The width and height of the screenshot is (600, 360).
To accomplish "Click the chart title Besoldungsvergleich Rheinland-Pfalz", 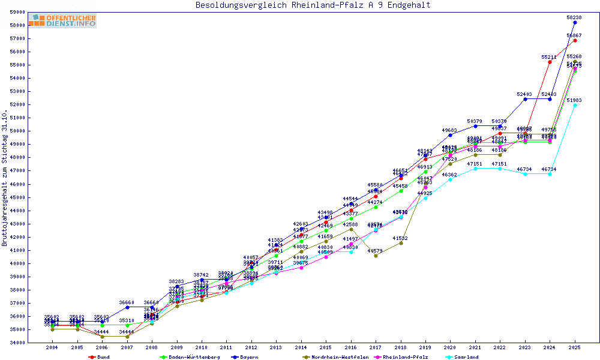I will [313, 5].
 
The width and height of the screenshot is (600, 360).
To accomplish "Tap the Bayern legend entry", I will [248, 357].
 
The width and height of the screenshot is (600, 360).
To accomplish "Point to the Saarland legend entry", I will [466, 357].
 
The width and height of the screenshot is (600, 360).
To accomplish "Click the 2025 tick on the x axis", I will [575, 347].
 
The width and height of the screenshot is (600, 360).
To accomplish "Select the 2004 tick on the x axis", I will [52, 347].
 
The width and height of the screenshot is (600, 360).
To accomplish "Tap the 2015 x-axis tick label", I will [326, 347].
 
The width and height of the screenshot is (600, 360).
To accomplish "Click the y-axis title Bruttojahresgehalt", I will [5, 178].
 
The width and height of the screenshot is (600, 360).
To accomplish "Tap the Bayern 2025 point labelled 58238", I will [575, 22].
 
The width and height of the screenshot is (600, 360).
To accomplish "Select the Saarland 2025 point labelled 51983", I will [575, 105].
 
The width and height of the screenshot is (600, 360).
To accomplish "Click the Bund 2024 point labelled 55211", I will [550, 62].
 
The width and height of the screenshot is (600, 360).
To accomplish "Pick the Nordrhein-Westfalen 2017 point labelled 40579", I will [376, 256].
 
